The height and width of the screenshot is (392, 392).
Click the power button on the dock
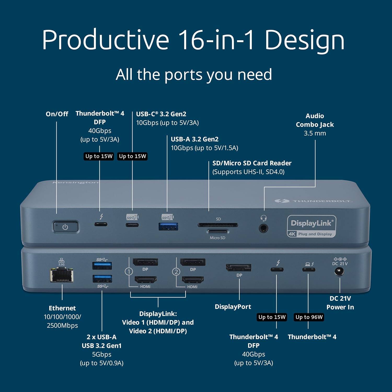[66, 227]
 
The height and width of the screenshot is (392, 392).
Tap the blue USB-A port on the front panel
[169, 226]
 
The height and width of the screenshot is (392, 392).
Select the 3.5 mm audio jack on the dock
[263, 228]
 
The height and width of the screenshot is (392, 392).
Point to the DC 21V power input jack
[339, 272]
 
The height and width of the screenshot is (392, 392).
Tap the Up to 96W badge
[309, 317]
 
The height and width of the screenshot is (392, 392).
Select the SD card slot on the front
[218, 225]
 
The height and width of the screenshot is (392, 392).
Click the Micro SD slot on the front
[217, 231]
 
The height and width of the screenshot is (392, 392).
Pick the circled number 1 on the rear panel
[129, 272]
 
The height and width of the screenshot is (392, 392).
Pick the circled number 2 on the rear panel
[176, 272]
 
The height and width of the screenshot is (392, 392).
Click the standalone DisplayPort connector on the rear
[239, 268]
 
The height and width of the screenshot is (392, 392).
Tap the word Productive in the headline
[106, 40]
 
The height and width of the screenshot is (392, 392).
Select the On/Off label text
[57, 114]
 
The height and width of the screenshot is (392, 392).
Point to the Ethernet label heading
[62, 308]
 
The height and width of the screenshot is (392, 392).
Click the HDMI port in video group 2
[193, 280]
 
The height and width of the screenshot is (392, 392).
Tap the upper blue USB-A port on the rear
[102, 266]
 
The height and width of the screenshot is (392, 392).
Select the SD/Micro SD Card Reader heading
[252, 163]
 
